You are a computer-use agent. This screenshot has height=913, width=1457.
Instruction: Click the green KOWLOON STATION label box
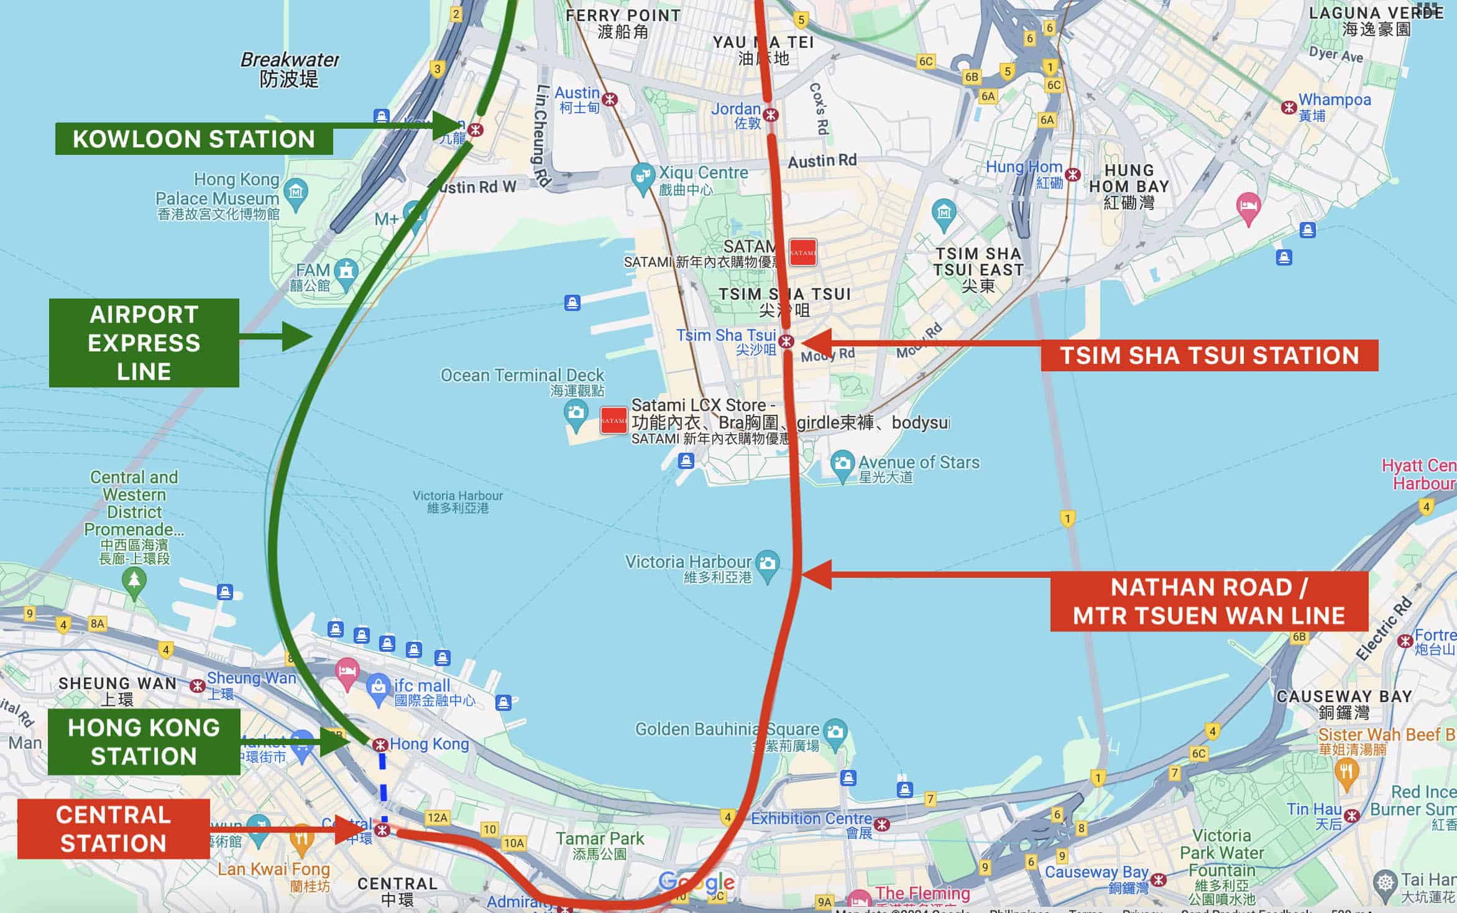194,139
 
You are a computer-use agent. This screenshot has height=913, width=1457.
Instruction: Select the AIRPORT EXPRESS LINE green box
144,343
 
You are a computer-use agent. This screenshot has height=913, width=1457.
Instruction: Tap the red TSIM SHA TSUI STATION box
1209,356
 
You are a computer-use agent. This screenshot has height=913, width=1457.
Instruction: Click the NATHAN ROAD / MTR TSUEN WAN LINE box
1209,601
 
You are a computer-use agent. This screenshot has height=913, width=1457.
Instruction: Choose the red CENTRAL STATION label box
113,829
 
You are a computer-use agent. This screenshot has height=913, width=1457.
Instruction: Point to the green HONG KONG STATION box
144,742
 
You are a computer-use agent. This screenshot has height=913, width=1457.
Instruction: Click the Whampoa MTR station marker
1289,107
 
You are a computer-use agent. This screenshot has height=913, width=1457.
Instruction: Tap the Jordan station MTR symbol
771,115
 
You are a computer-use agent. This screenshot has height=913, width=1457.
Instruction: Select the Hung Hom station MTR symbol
1073,175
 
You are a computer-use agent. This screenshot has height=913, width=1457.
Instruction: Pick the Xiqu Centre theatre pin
642,175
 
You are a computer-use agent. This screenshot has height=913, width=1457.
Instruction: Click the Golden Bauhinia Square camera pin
835,732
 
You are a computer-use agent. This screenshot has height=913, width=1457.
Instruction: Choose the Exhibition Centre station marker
882,825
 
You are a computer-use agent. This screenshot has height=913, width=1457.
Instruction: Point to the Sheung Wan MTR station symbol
198,686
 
